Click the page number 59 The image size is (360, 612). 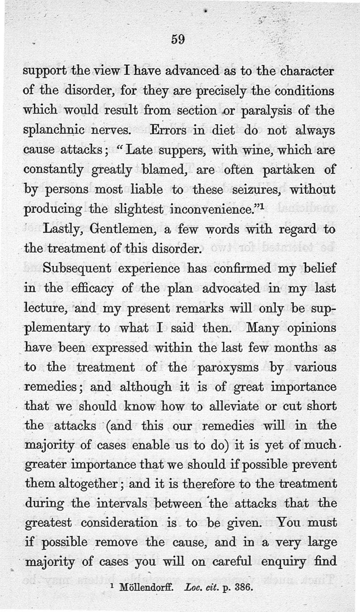click(x=178, y=40)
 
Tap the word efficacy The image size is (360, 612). click(x=95, y=289)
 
